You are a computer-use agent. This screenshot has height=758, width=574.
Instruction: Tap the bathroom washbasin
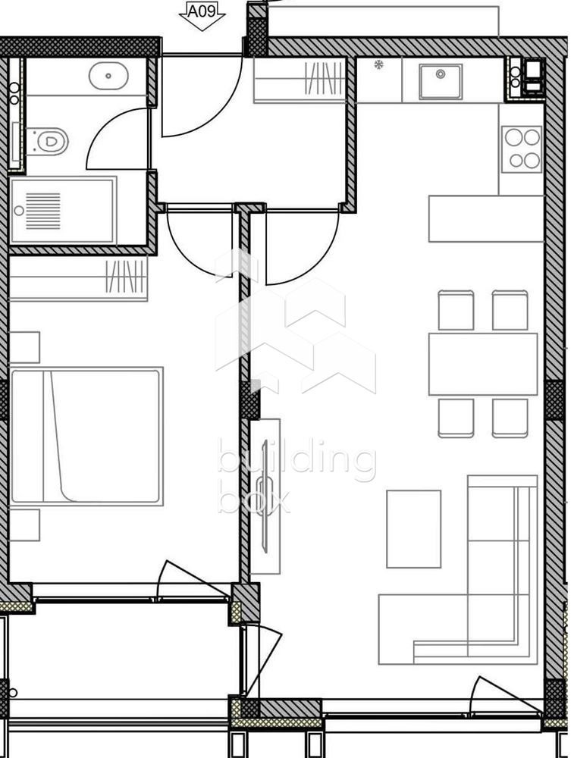(108, 76)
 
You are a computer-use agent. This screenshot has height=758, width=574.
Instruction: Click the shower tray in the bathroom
(63, 211)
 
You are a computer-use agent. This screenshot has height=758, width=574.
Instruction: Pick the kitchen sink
(441, 81)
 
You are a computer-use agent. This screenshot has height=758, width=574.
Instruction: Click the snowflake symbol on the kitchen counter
(378, 64)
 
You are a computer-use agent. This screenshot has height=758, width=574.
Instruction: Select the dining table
(482, 364)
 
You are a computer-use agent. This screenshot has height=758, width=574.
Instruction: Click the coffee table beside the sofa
(413, 529)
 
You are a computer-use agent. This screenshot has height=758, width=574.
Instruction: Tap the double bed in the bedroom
(86, 436)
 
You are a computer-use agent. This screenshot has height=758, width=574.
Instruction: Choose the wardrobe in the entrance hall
(300, 80)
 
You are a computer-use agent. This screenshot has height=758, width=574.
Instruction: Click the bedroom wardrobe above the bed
(79, 279)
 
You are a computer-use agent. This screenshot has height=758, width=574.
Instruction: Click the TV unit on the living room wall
(265, 496)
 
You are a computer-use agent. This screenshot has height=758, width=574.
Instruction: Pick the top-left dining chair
(456, 311)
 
